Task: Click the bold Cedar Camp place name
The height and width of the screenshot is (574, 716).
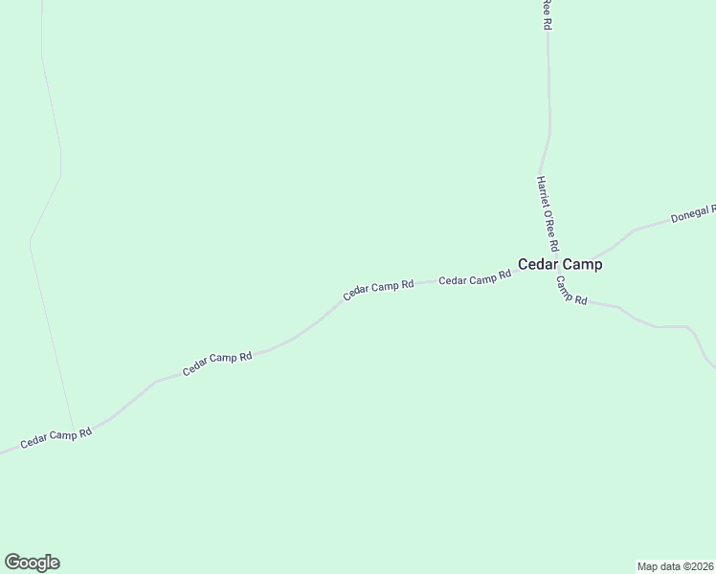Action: pos(560,265)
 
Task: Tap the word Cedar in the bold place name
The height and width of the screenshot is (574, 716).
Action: pos(539,265)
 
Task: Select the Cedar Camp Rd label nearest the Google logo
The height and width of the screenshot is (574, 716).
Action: pos(56,439)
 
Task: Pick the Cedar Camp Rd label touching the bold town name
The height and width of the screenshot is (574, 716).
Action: pos(475,278)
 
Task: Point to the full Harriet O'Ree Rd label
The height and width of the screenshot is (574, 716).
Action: pos(548,213)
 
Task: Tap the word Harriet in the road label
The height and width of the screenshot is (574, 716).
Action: pos(543,192)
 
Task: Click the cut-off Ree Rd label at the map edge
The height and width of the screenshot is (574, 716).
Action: pos(547,14)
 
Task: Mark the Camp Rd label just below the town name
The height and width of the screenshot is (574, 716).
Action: pos(571,291)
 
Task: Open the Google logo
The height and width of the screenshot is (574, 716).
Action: pos(32,563)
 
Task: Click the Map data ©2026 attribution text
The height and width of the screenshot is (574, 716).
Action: pos(675,565)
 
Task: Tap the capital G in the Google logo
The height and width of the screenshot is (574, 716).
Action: pos(12,562)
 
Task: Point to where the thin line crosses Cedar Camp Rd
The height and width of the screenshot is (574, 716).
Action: pos(75,432)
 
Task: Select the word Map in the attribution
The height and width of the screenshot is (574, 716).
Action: pos(648,565)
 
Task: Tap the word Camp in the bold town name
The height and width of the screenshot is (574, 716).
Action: pos(583,265)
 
